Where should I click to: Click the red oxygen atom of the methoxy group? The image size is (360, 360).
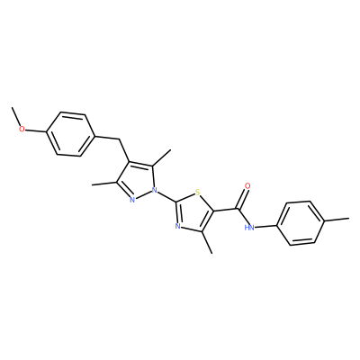tap(22, 130)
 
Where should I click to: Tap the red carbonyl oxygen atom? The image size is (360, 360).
tap(247, 185)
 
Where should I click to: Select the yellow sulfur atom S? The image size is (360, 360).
tap(197, 192)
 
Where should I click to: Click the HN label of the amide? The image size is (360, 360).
tap(249, 228)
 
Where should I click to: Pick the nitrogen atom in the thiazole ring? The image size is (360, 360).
tap(177, 226)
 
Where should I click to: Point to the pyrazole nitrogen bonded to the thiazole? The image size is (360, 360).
tap(155, 190)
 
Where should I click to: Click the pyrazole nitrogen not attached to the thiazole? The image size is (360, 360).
tap(132, 200)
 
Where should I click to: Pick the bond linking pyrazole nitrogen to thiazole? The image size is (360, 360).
tap(167, 195)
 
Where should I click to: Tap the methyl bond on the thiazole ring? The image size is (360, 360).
tap(207, 243)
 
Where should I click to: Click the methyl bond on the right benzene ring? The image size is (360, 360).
tap(337, 220)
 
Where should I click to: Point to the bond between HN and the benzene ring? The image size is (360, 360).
tap(266, 226)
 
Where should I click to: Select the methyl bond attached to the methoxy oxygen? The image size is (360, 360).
tap(15, 116)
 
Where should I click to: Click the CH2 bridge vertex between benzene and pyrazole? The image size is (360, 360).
tap(120, 139)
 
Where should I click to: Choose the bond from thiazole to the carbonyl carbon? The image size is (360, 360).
tap(227, 210)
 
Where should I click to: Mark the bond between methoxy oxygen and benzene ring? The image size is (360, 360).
tap(36, 131)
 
